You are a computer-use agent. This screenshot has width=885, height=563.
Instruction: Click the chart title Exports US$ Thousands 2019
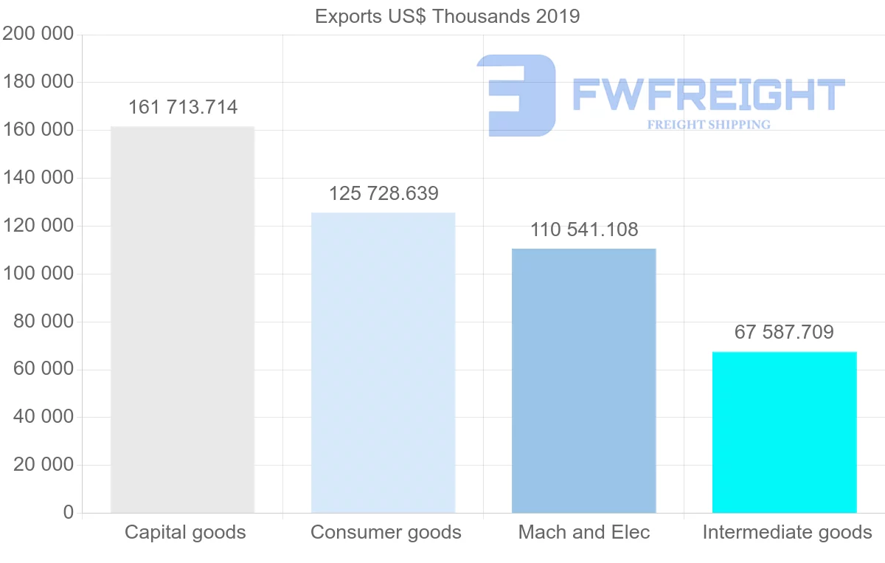point(447,16)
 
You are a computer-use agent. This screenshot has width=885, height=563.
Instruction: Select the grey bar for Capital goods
point(182,320)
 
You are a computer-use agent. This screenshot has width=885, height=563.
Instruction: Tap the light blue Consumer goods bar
point(383,362)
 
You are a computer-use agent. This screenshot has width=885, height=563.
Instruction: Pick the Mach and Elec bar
point(583,381)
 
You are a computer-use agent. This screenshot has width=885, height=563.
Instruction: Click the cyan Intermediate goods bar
point(784,432)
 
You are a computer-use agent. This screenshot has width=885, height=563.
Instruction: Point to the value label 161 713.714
point(183,108)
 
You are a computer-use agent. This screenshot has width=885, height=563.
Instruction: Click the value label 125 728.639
point(383,193)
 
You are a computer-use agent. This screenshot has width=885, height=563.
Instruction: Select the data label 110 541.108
point(584,229)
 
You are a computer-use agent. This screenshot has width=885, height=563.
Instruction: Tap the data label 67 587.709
point(784,332)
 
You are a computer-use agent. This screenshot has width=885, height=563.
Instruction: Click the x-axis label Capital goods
point(185,532)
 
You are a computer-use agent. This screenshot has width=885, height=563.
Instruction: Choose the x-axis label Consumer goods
point(386,532)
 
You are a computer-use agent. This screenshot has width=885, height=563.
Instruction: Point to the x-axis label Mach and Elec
point(584,532)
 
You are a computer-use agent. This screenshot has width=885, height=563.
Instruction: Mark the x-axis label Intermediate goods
point(787,532)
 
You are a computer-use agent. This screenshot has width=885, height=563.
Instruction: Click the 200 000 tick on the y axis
point(38,34)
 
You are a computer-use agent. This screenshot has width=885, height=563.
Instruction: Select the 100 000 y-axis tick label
point(38,273)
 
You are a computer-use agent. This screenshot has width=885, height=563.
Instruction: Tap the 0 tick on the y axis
point(69,512)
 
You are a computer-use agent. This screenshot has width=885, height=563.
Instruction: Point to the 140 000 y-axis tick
point(38,178)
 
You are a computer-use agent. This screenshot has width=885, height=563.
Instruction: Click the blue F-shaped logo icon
point(516,94)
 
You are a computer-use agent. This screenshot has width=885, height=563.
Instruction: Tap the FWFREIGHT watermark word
point(708,94)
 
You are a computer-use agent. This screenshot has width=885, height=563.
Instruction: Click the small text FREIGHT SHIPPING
point(709,125)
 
